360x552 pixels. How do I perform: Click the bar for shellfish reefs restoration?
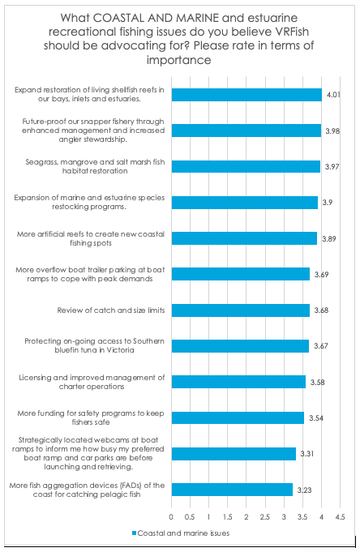tap(246, 95)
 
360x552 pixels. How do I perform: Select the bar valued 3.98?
tap(246, 131)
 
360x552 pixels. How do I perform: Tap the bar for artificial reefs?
tap(245, 238)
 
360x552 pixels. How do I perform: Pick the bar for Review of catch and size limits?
tap(241, 310)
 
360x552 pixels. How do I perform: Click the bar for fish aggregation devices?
tap(232, 490)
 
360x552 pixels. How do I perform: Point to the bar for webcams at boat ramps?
tap(234, 453)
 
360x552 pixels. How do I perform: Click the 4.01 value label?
tap(333, 95)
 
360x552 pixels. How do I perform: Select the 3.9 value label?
tap(328, 203)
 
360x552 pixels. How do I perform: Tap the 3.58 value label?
tap(317, 382)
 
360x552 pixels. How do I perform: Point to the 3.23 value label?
tap(304, 490)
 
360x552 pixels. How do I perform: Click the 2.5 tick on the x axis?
tap(265, 517)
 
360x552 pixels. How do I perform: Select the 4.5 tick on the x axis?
tap(340, 517)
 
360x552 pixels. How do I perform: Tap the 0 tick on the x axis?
tap(171, 517)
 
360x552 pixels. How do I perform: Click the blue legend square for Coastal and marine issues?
tap(134, 533)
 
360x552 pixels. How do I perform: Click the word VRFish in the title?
tap(291, 32)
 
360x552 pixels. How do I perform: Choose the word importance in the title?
tap(179, 60)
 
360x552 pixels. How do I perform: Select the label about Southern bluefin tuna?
tap(94, 345)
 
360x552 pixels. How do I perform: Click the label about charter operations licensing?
tap(92, 382)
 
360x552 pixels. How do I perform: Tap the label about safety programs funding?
tap(91, 417)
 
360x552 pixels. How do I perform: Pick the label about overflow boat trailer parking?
tap(90, 274)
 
